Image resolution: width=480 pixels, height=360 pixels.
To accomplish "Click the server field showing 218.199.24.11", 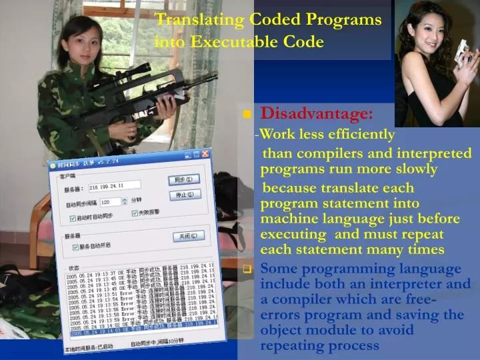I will coord(115,187).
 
